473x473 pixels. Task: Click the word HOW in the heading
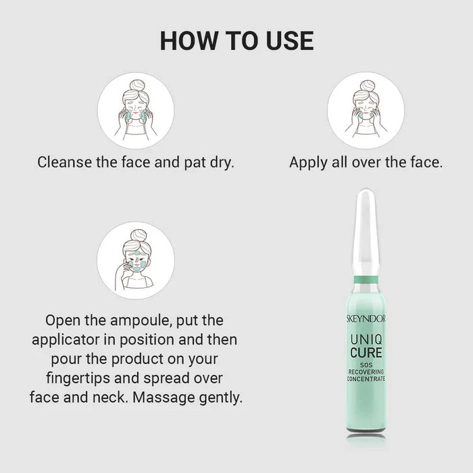click(189, 41)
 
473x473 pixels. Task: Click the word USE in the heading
click(290, 41)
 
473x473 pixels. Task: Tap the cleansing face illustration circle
click(136, 110)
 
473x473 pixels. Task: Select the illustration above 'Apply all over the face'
click(366, 110)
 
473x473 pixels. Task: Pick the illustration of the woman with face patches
click(136, 261)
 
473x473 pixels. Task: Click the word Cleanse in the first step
click(65, 162)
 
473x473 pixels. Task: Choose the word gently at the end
click(221, 398)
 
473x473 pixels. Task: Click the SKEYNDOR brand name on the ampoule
click(366, 319)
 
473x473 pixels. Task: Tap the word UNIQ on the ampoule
click(366, 340)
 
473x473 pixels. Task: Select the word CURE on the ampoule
click(366, 353)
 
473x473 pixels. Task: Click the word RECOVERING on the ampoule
click(366, 372)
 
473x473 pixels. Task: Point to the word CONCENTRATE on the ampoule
click(366, 379)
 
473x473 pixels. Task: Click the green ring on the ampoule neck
click(366, 280)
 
